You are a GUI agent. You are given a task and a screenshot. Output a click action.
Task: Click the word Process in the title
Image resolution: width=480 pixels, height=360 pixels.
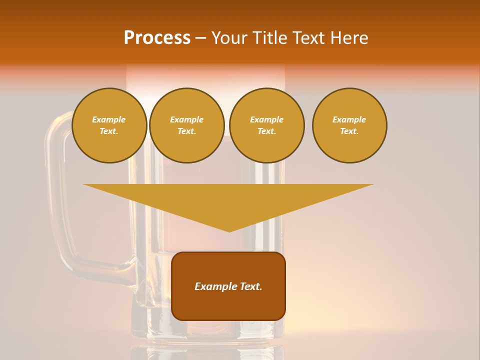point(157,38)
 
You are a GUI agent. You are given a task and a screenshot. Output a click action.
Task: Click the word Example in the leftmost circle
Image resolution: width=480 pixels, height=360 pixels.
point(109,119)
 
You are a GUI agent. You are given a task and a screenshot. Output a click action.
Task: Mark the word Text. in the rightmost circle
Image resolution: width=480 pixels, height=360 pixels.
point(349,131)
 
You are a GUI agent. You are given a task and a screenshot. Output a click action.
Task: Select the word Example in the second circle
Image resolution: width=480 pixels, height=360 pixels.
point(187,119)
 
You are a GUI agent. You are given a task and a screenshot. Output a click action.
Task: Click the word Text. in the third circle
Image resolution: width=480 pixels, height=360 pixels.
point(266,131)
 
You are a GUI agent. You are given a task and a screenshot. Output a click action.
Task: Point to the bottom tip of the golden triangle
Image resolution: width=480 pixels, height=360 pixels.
point(229,231)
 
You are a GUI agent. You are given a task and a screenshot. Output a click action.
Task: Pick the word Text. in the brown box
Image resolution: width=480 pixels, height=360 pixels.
point(250,286)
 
